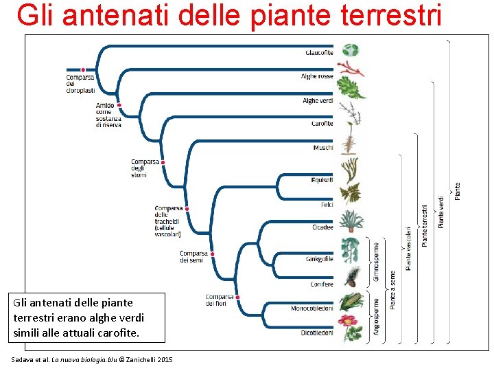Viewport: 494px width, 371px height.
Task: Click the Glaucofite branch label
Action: (x=319, y=53)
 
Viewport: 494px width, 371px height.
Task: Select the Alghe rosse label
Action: (x=317, y=77)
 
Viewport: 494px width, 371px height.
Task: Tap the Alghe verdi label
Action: (x=318, y=101)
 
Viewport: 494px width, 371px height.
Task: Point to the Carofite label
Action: (x=322, y=124)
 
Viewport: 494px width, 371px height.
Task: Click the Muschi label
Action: (x=323, y=148)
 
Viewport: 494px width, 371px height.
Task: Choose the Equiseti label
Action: (x=322, y=181)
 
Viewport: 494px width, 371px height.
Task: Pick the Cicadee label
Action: (x=322, y=227)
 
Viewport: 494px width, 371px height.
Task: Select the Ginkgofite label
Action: (x=320, y=259)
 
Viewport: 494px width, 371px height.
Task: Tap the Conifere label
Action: (x=322, y=284)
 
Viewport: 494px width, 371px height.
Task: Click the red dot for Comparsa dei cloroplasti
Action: (x=83, y=69)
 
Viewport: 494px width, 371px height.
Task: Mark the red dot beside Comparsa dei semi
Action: (x=212, y=254)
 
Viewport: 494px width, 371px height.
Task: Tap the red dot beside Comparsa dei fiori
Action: (x=236, y=296)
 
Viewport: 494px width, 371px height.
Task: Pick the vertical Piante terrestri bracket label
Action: (x=425, y=224)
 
